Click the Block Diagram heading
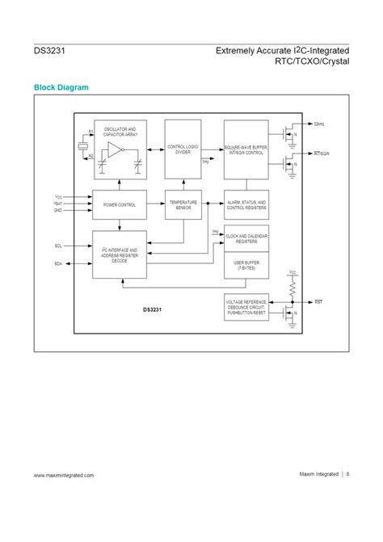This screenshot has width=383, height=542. click(61, 86)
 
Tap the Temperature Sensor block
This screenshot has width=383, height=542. click(183, 205)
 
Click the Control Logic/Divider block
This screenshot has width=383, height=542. click(183, 149)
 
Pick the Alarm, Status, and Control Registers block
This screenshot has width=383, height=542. click(246, 205)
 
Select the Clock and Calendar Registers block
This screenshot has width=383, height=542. click(246, 239)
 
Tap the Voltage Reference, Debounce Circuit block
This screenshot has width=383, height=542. click(246, 308)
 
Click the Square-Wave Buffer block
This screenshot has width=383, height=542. click(246, 149)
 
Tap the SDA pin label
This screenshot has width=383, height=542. click(58, 264)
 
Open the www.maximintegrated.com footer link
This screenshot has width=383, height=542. click(64, 475)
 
